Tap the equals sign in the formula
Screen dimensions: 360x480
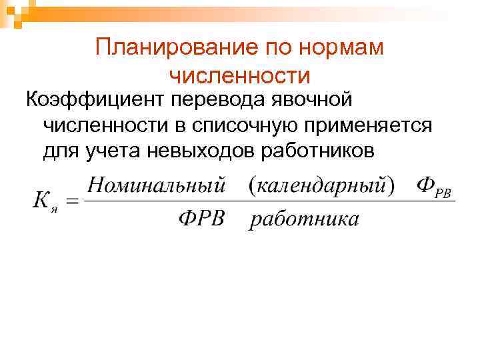click(x=73, y=200)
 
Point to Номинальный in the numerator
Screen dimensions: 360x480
click(x=157, y=184)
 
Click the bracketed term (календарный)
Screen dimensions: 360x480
click(x=321, y=184)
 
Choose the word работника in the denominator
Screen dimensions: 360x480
click(x=304, y=219)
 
